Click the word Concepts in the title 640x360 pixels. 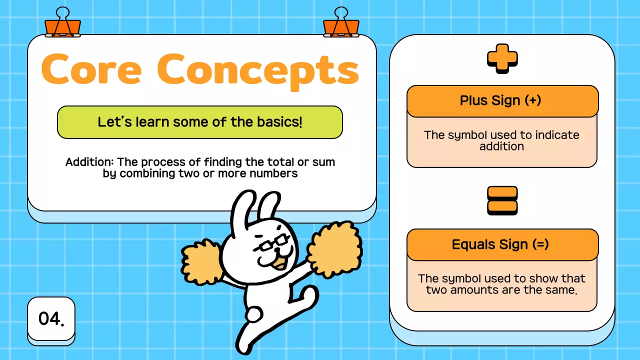(258, 69)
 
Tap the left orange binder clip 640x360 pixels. (62, 24)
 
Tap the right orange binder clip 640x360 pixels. (341, 24)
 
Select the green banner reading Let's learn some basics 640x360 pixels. (200, 122)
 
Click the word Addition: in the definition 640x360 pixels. (84, 162)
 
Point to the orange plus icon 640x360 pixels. (502, 58)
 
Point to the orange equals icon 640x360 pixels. (502, 200)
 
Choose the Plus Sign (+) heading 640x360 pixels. (502, 100)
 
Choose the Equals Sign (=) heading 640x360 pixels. (502, 244)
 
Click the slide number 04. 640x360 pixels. (51, 318)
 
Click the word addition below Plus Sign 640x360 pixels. (501, 146)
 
